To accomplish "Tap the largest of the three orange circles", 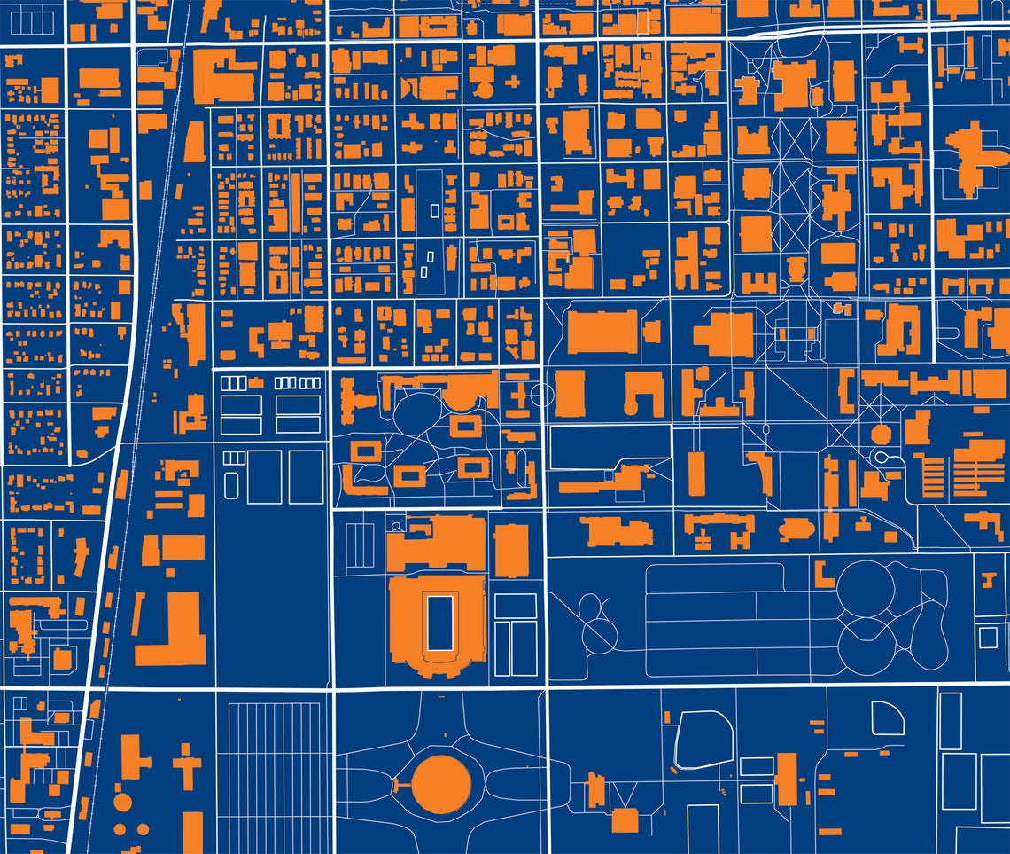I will click(x=122, y=803).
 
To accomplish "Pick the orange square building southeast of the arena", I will click(x=625, y=820).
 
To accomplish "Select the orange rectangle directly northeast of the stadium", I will click(x=511, y=551).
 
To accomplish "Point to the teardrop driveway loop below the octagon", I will click(x=884, y=456).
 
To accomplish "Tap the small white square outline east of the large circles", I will click(x=987, y=637).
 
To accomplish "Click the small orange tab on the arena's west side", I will click(x=395, y=784).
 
